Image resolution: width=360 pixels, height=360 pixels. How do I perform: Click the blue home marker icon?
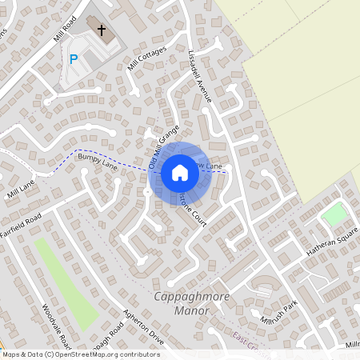[180, 173]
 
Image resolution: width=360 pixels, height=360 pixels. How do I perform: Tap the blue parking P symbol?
[74, 59]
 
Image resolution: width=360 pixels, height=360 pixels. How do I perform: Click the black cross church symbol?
[102, 30]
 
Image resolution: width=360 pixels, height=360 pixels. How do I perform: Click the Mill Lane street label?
[21, 189]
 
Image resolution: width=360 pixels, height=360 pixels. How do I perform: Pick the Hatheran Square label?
[331, 241]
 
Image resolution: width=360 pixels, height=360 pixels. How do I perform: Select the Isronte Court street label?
[193, 210]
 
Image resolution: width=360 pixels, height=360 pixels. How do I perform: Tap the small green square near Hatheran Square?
[334, 214]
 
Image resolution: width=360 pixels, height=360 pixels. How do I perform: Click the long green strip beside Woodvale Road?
[66, 284]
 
